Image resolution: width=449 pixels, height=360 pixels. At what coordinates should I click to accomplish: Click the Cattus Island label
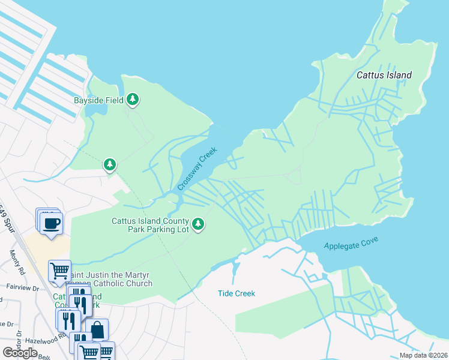pyautogui.click(x=384, y=75)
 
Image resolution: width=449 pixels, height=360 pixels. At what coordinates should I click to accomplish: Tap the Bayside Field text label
pyautogui.click(x=98, y=100)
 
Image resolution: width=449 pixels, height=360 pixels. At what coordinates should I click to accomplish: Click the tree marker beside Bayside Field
pyautogui.click(x=133, y=100)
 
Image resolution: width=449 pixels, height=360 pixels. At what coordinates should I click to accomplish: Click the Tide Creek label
pyautogui.click(x=236, y=293)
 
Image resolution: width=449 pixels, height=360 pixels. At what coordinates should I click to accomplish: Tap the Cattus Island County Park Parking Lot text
pyautogui.click(x=150, y=225)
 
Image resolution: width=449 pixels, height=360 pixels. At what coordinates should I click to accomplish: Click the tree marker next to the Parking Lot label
pyautogui.click(x=199, y=225)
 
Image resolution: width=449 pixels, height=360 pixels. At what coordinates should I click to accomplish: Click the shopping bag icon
pyautogui.click(x=97, y=329)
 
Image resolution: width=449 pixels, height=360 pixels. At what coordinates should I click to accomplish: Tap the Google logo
pyautogui.click(x=20, y=353)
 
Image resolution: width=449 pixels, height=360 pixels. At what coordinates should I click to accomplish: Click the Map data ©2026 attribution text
pyautogui.click(x=422, y=355)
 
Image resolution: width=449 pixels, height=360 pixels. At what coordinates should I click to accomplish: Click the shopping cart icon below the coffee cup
pyautogui.click(x=59, y=271)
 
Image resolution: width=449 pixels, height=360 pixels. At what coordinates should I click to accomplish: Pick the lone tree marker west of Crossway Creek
pyautogui.click(x=109, y=164)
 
